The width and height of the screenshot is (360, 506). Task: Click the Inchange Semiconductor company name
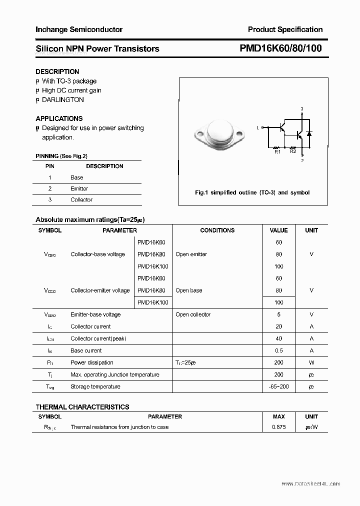pyautogui.click(x=78, y=29)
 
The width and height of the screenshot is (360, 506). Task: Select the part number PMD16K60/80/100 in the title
pyautogui.click(x=280, y=48)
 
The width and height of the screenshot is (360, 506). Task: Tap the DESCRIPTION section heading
pyautogui.click(x=57, y=71)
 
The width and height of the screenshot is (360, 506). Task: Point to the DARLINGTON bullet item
pyautogui.click(x=62, y=99)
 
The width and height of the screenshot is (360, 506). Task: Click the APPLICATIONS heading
pyautogui.click(x=59, y=118)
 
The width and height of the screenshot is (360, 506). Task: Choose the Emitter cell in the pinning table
pyautogui.click(x=79, y=188)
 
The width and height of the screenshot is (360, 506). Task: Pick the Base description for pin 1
pyautogui.click(x=77, y=177)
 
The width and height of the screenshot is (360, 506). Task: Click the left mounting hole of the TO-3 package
pyautogui.click(x=200, y=133)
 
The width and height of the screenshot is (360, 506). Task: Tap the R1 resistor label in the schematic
pyautogui.click(x=277, y=151)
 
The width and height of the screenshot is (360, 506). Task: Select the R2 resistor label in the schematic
pyautogui.click(x=293, y=151)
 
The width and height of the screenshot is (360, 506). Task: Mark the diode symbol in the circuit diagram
pyautogui.click(x=309, y=134)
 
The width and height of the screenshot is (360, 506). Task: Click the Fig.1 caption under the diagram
pyautogui.click(x=252, y=192)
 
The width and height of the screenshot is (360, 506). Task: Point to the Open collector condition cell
pyautogui.click(x=193, y=314)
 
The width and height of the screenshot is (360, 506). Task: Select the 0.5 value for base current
pyautogui.click(x=278, y=350)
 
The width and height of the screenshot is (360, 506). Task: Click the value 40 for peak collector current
pyautogui.click(x=278, y=338)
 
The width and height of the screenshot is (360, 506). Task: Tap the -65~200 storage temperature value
pyautogui.click(x=278, y=386)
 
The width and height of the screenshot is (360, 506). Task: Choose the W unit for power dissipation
pyautogui.click(x=311, y=362)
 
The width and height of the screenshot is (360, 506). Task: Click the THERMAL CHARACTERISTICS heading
pyautogui.click(x=82, y=407)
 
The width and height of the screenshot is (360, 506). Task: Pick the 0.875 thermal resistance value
pyautogui.click(x=278, y=427)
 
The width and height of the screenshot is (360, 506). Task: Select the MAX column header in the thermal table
pyautogui.click(x=278, y=416)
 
